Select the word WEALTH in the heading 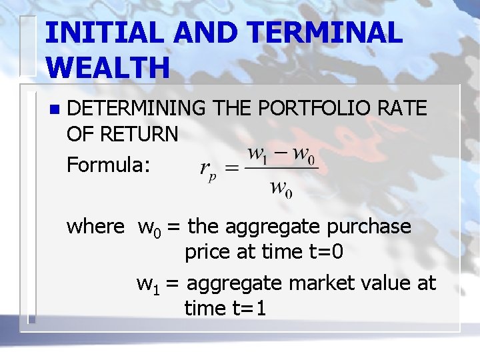tap(108, 67)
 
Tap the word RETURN tap(141, 135)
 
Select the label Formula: tap(109, 164)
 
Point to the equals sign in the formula tap(232, 168)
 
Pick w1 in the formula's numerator tap(258, 154)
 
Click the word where tap(95, 227)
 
